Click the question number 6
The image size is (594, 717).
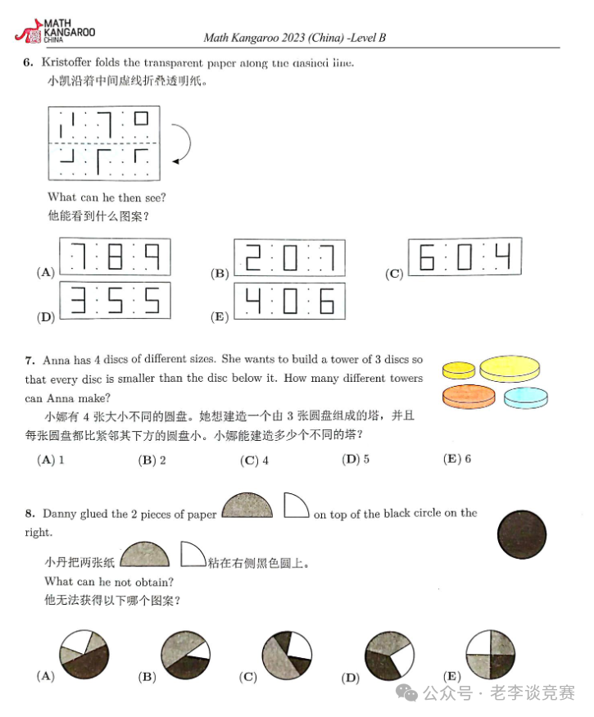(28, 62)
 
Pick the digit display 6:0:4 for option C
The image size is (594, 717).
(464, 257)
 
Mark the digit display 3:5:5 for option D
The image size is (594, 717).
(115, 302)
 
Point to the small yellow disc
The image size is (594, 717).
(459, 370)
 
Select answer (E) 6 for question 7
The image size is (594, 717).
(457, 460)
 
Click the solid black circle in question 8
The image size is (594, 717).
(521, 538)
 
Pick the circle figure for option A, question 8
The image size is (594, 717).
(84, 656)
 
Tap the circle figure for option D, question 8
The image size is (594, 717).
(389, 656)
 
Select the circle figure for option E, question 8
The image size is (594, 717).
(490, 655)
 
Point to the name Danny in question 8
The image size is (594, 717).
(59, 514)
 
